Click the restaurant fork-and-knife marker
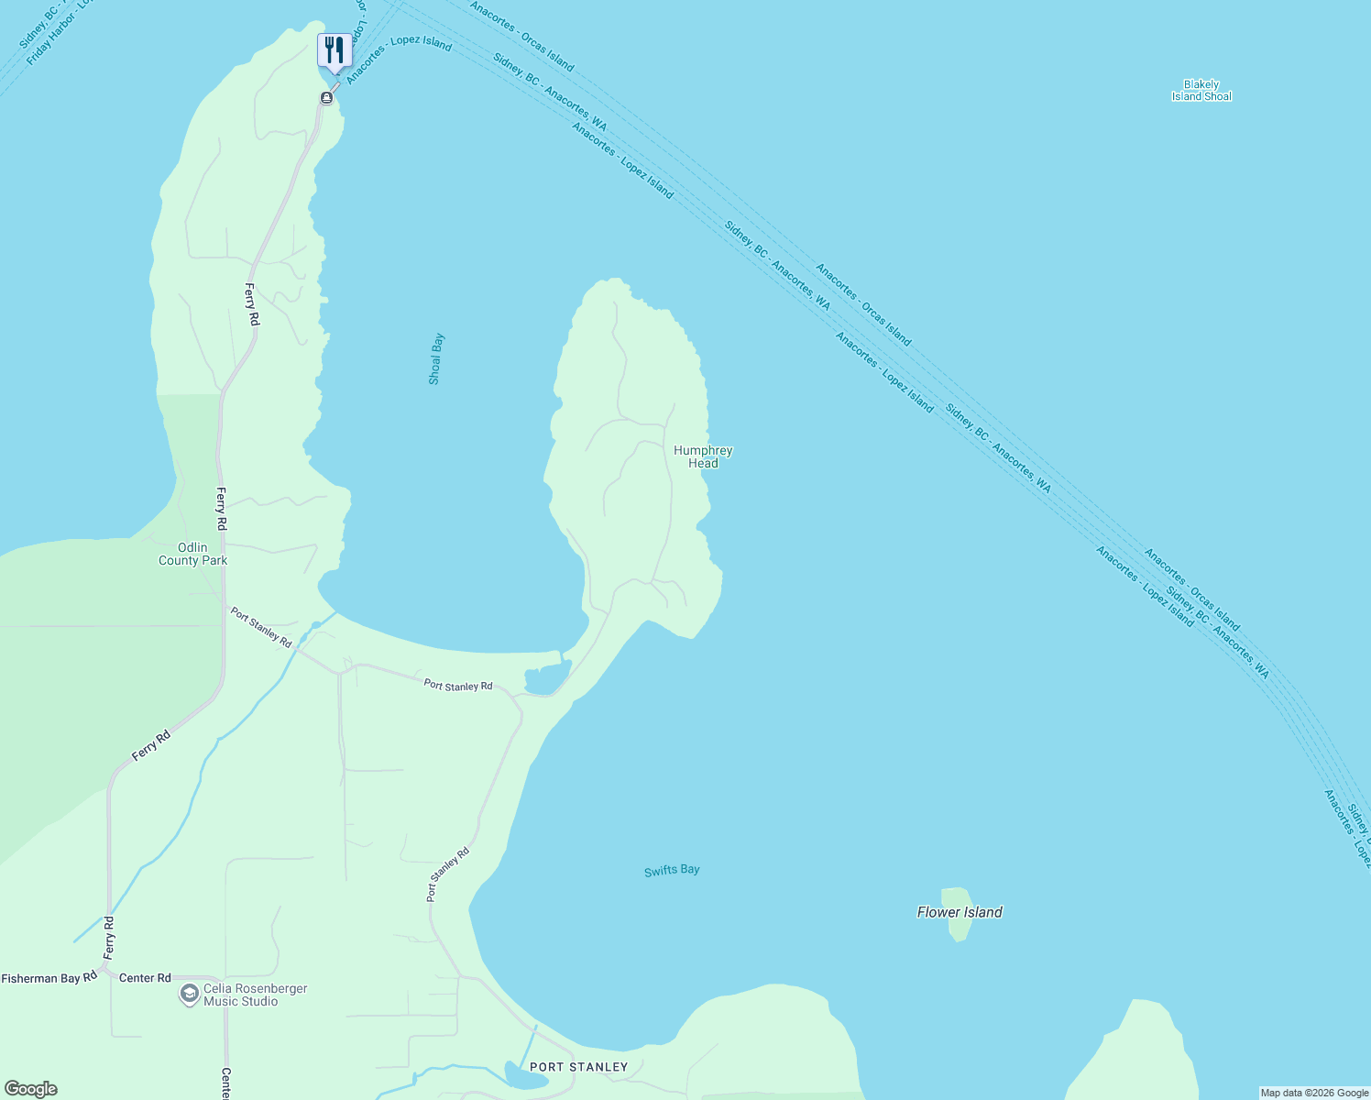335,50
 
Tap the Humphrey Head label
703,456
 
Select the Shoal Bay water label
436,358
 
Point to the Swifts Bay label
672,870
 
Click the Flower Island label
960,912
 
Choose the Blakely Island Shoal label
1201,90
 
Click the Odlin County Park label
192,554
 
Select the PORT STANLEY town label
579,1067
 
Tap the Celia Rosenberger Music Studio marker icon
189,995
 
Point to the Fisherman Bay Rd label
49,978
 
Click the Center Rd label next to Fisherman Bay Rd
145,978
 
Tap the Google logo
31,1089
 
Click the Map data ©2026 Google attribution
1314,1093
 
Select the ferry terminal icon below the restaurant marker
326,97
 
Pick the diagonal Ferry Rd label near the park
151,745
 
